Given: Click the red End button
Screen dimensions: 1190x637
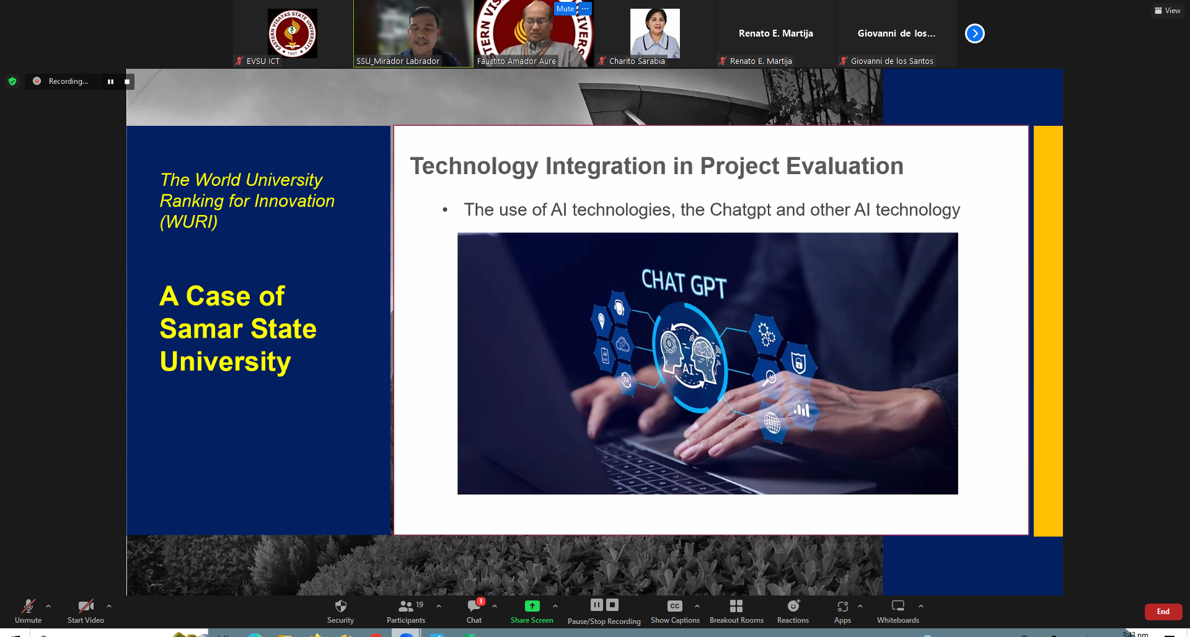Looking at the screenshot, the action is (1163, 612).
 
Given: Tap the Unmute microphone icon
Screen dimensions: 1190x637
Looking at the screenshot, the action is (29, 606).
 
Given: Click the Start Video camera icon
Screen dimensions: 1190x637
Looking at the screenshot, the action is (86, 606).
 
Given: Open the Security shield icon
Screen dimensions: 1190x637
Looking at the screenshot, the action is (340, 606).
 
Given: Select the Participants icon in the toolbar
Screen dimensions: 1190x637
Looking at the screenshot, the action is (406, 606).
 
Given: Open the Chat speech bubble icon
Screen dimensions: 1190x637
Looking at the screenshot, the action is (474, 606).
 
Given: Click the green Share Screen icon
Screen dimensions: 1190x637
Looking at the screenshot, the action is (532, 606).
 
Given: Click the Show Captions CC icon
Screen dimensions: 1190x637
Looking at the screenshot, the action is (675, 606).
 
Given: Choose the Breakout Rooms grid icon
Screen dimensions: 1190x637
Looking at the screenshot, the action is (736, 606).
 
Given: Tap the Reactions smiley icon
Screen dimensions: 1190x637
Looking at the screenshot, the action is (793, 606).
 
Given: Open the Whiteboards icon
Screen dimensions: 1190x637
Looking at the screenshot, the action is (898, 606).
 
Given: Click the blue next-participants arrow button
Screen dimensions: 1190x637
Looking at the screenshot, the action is (975, 33).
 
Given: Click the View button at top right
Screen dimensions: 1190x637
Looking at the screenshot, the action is (1168, 11).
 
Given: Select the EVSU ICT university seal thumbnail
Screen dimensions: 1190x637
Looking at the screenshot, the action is (293, 33).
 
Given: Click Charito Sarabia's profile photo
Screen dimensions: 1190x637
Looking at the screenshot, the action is (655, 33).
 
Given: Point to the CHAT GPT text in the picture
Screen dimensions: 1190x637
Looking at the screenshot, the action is (684, 284).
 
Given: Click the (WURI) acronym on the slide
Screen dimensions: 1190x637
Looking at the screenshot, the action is (189, 222).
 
